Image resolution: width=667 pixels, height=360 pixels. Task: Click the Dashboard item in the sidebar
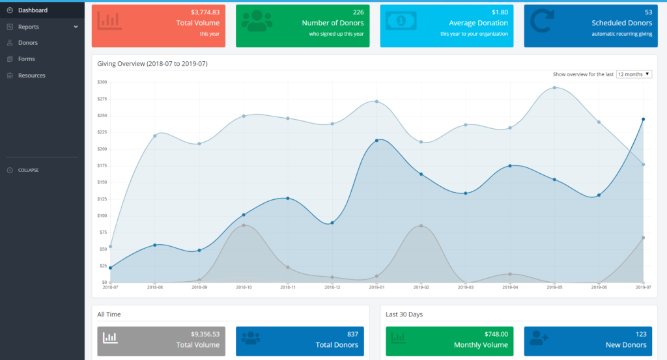pyautogui.click(x=33, y=10)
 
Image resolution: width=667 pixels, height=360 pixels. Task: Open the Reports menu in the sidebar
pyautogui.click(x=29, y=27)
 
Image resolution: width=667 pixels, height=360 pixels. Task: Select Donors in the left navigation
pyautogui.click(x=28, y=43)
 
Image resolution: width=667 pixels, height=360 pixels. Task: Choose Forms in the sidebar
pyautogui.click(x=27, y=59)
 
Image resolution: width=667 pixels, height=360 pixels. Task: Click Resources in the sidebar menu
pyautogui.click(x=32, y=76)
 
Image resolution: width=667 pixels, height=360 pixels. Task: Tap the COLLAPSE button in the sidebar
pyautogui.click(x=28, y=171)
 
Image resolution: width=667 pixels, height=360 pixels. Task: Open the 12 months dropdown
pyautogui.click(x=633, y=74)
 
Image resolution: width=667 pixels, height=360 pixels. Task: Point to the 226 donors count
pyautogui.click(x=358, y=12)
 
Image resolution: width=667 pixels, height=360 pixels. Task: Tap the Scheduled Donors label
pyautogui.click(x=621, y=23)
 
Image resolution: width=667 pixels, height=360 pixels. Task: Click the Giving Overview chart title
pyautogui.click(x=152, y=64)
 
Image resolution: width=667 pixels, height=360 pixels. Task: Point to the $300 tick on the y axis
pyautogui.click(x=102, y=82)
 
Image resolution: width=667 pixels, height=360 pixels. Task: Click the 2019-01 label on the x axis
pyautogui.click(x=376, y=286)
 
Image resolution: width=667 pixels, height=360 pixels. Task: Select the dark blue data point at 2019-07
pyautogui.click(x=643, y=119)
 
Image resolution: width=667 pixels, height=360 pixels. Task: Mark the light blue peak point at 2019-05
pyautogui.click(x=554, y=87)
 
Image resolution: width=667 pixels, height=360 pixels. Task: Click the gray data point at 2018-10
pyautogui.click(x=243, y=225)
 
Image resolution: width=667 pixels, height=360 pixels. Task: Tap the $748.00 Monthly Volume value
pyautogui.click(x=493, y=334)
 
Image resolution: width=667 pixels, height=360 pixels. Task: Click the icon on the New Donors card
pyautogui.click(x=539, y=338)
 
